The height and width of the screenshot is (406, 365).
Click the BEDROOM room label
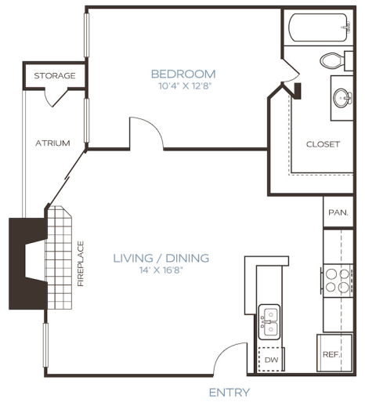pos(183,74)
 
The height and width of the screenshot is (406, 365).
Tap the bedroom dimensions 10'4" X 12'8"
pos(183,87)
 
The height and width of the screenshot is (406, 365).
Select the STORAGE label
pos(54,76)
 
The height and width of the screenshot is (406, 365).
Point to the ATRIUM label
pos(53,143)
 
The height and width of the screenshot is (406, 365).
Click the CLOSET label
pos(323,144)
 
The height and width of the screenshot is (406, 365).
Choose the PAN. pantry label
pos(338,212)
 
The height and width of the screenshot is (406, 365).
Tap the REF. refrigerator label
pos(331,354)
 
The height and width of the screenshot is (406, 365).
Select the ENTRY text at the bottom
pos(229,392)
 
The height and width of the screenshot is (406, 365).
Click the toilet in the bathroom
pos(333,60)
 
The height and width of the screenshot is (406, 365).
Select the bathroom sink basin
pos(342,98)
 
